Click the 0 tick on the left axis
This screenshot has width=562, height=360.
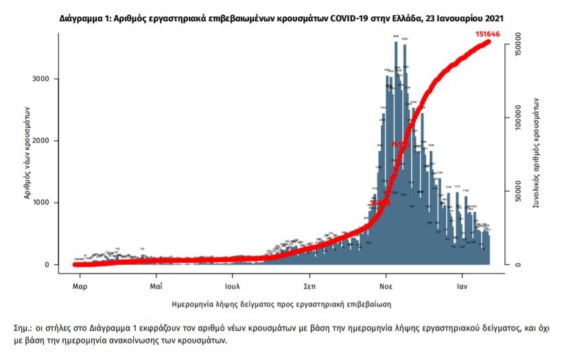click(46, 265)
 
